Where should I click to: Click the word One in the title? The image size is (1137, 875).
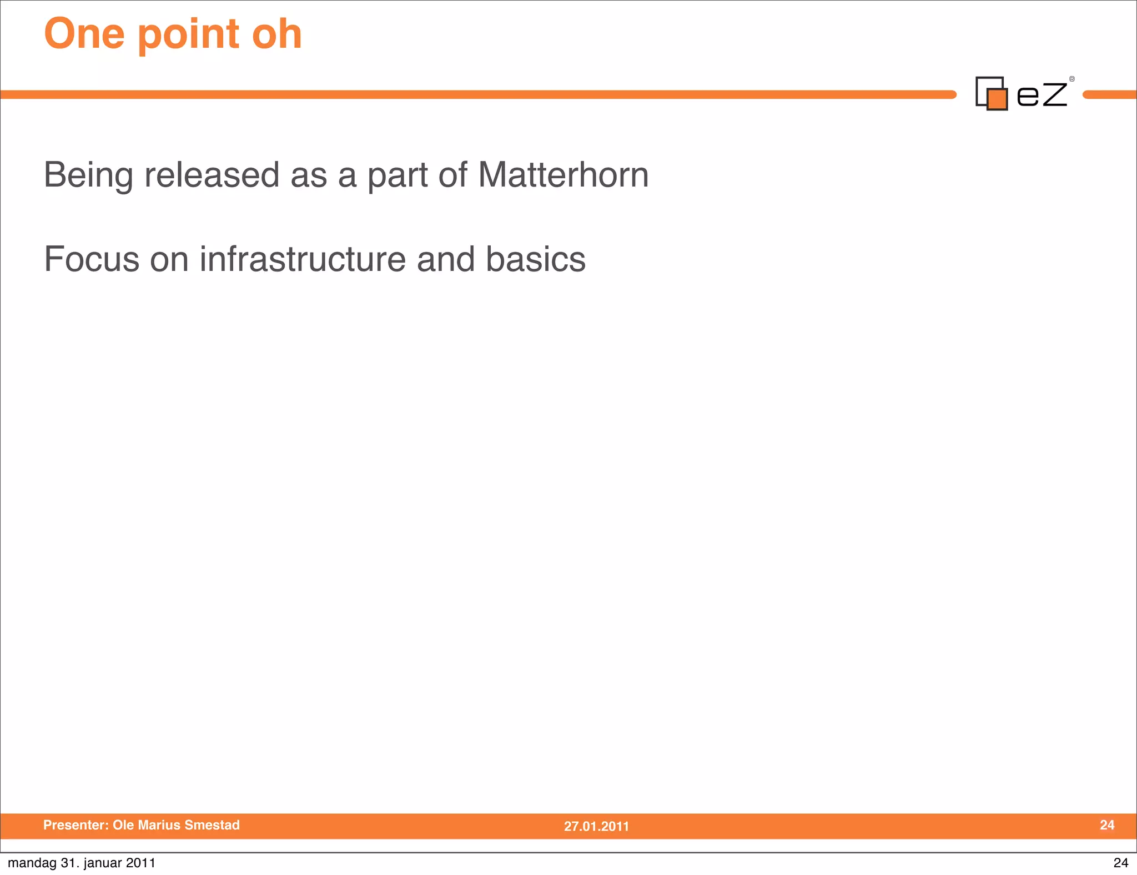tap(84, 34)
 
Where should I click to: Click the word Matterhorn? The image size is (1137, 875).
tap(563, 175)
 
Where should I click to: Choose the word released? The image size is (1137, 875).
tap(212, 175)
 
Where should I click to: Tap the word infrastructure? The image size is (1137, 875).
tap(303, 259)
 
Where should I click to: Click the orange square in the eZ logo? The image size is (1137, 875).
tap(998, 99)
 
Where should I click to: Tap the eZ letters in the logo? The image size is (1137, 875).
tap(1042, 94)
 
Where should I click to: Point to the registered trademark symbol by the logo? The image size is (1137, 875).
tap(1072, 79)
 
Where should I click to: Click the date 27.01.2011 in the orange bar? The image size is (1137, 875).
tap(596, 826)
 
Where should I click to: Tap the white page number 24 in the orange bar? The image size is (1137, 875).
tap(1107, 825)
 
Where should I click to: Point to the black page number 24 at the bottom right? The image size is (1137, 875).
tap(1120, 863)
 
